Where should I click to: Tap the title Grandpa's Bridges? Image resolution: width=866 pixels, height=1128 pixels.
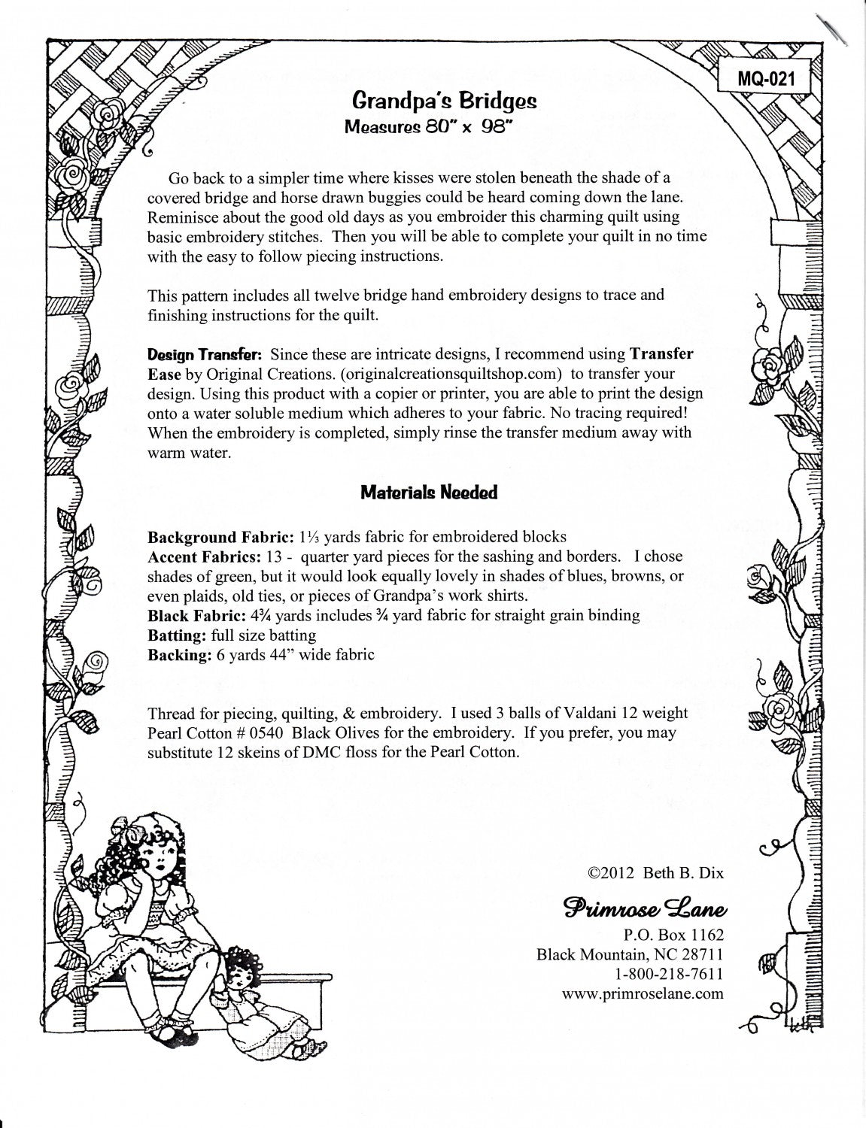(445, 101)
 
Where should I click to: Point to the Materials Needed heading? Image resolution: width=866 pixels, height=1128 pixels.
(429, 493)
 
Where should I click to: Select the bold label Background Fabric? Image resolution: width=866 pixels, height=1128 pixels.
(204, 538)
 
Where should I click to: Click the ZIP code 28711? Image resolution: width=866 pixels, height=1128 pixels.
(699, 955)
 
